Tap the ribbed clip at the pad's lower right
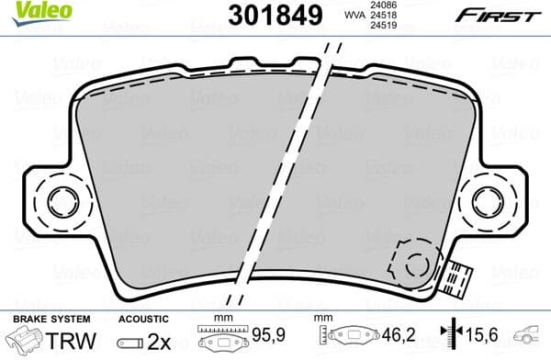(x=458, y=278)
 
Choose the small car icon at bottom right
(x=532, y=336)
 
